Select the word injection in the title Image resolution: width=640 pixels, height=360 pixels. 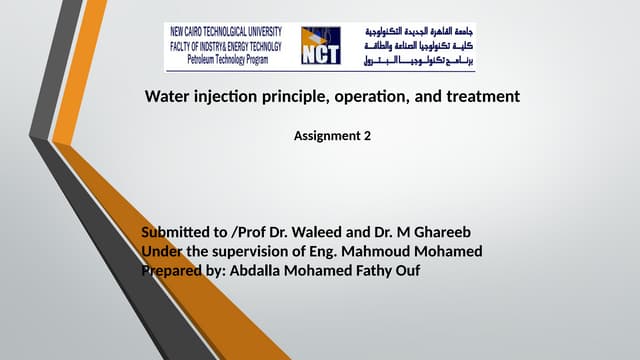pyautogui.click(x=227, y=97)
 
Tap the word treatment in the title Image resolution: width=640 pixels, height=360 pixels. pyautogui.click(x=482, y=97)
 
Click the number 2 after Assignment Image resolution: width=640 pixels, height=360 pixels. pyautogui.click(x=367, y=135)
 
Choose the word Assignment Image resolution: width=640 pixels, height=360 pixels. pyautogui.click(x=326, y=135)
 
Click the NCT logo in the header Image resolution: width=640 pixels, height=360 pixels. pyautogui.click(x=320, y=46)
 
